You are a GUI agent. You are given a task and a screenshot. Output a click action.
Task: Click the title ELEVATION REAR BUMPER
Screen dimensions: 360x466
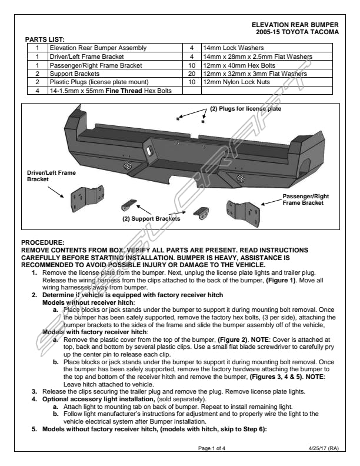click(295, 25)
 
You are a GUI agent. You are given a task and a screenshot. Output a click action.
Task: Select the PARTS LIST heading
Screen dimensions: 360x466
click(45, 39)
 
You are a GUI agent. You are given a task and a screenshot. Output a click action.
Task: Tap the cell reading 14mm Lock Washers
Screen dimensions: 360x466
click(233, 48)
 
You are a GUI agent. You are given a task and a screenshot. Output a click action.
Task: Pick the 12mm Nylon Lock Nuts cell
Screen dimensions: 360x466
click(236, 82)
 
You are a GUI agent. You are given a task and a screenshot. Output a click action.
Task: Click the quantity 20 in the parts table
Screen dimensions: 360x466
click(192, 74)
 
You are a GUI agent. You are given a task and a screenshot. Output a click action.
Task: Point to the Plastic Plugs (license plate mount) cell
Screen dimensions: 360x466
click(99, 82)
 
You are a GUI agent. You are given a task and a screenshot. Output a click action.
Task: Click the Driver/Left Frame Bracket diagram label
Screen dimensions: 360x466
click(51, 176)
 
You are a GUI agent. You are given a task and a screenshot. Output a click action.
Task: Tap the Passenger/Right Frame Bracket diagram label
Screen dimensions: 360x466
click(306, 199)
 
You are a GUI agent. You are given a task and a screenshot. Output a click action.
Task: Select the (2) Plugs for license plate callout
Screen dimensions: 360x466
click(246, 109)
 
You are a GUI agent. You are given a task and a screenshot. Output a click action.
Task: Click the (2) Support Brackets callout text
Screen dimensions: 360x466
click(151, 219)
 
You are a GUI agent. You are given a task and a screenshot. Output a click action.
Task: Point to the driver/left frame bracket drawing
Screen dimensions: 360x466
click(87, 198)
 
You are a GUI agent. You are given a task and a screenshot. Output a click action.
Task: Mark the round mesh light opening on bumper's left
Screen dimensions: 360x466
click(128, 166)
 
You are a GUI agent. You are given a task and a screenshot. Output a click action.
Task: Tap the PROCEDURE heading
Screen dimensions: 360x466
click(43, 242)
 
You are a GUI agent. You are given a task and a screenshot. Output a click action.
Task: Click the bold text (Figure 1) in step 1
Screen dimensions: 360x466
click(281, 280)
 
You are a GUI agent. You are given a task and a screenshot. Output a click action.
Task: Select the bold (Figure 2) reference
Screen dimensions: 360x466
click(232, 339)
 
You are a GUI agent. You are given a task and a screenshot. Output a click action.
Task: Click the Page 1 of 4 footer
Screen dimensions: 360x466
click(212, 448)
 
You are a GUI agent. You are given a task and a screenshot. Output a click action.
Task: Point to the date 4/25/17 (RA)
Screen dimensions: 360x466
click(324, 448)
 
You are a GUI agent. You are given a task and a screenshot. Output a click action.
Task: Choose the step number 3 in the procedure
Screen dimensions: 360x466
click(35, 392)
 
